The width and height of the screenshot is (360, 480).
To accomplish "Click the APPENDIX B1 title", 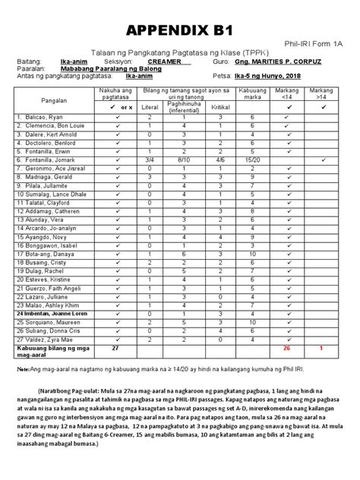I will click(x=179, y=31).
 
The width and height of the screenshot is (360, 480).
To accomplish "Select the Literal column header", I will click(x=150, y=108).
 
